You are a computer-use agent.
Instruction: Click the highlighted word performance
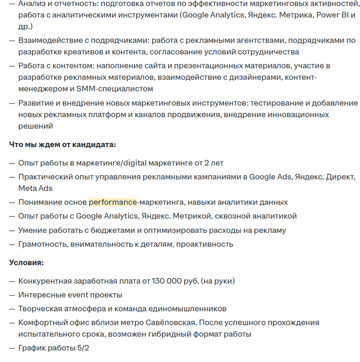click(113, 202)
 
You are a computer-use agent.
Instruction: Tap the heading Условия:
click(26, 263)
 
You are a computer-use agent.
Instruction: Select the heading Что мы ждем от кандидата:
click(62, 144)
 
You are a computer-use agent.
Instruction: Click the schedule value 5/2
click(83, 348)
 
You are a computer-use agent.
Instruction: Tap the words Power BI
click(333, 15)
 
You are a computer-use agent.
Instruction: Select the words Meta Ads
click(35, 188)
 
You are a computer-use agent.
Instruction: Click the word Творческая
click(39, 309)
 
